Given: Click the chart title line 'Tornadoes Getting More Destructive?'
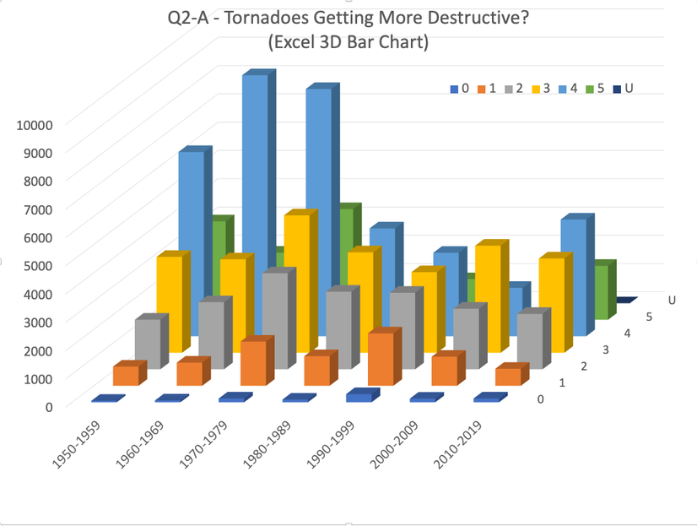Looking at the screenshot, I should (348, 19).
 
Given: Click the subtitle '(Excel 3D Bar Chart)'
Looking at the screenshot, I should (348, 42).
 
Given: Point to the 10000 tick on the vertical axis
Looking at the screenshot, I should (35, 124).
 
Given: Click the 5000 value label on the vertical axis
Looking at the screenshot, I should (38, 265).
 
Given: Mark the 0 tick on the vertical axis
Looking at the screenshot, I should (48, 406).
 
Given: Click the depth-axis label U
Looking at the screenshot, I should (672, 300).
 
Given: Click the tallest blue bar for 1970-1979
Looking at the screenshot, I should (255, 169).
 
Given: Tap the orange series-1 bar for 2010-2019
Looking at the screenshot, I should (507, 377).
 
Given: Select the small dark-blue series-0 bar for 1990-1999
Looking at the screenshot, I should (359, 397).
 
